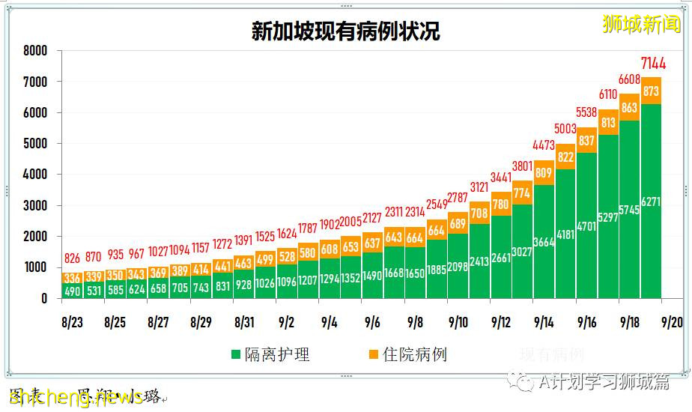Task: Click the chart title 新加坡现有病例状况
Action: pos(345,31)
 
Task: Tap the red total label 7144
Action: pos(652,63)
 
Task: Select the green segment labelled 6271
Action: pos(652,202)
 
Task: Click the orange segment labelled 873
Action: pos(652,91)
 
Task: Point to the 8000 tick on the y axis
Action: pos(35,51)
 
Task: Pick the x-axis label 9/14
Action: pos(544,323)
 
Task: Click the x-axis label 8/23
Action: pos(72,323)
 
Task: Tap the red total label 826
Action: pos(71,258)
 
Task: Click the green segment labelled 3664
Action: pos(544,242)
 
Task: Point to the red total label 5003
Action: pos(565,129)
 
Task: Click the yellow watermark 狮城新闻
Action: pos(642,24)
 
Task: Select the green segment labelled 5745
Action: pos(630,210)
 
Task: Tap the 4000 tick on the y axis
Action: pos(35,175)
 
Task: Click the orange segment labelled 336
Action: pos(72,279)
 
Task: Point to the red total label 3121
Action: pos(479,187)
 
